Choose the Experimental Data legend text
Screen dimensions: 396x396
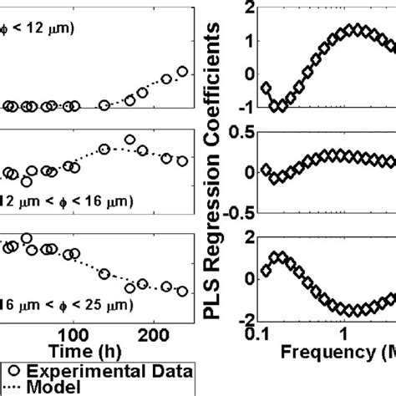109,370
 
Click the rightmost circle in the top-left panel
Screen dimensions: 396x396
185,71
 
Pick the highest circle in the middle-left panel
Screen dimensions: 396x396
129,140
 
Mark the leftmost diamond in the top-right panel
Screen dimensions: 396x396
266,88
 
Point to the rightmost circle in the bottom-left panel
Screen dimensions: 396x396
181,291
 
